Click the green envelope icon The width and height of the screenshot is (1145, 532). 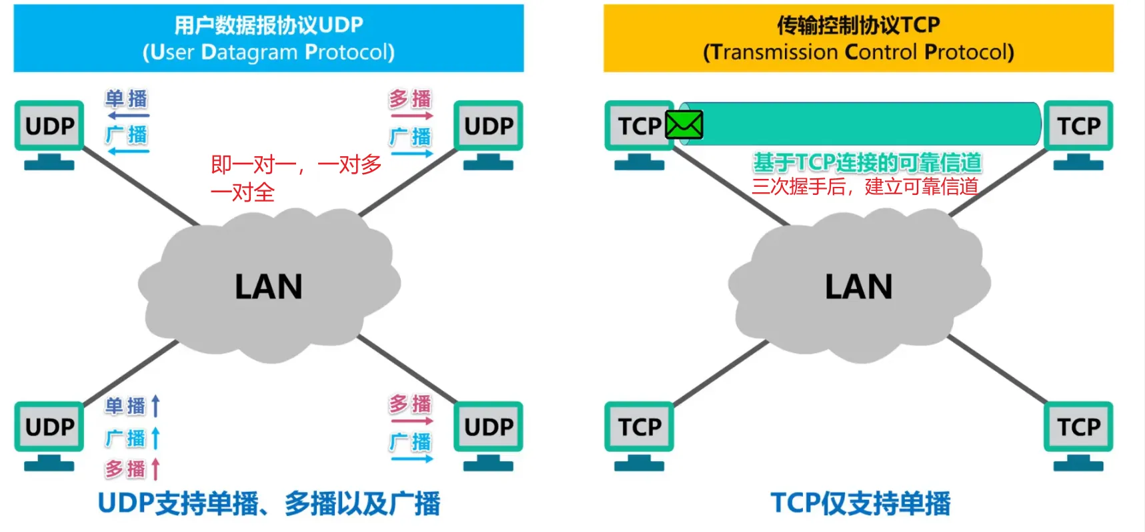click(684, 125)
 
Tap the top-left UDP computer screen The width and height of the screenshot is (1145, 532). click(49, 125)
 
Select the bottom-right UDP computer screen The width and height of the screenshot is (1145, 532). click(488, 427)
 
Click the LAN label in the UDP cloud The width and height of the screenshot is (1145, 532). click(269, 287)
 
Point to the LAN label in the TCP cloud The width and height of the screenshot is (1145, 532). click(859, 287)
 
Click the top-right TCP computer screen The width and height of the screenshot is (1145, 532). click(1078, 125)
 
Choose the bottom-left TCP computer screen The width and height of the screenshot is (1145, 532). click(639, 427)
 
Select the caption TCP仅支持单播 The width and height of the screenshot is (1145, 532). click(860, 503)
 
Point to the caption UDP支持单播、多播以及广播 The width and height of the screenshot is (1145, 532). click(269, 503)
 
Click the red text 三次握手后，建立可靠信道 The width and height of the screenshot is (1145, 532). click(865, 186)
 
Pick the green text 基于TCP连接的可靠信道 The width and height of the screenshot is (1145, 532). click(867, 162)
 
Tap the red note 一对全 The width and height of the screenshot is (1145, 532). click(243, 193)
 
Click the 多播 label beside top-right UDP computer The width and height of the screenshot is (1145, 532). click(410, 99)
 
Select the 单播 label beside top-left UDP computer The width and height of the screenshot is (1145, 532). click(126, 99)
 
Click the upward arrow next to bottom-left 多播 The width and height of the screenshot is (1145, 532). click(155, 469)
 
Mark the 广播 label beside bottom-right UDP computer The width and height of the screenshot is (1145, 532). click(410, 442)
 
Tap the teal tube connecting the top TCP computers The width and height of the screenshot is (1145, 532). click(867, 124)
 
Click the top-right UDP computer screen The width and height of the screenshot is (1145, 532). click(488, 125)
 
